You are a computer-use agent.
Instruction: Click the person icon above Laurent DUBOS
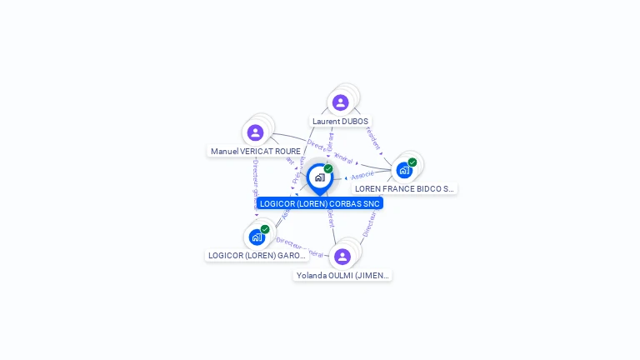pyautogui.click(x=340, y=102)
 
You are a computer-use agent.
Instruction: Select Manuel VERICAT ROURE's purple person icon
pyautogui.click(x=255, y=132)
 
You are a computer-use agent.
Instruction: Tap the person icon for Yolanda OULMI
pyautogui.click(x=342, y=256)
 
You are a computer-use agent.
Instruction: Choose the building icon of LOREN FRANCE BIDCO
pyautogui.click(x=403, y=170)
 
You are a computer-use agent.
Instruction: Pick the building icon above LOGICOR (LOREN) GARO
pyautogui.click(x=257, y=237)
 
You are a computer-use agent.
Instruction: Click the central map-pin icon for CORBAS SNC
pyautogui.click(x=319, y=177)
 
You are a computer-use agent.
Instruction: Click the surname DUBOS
pyautogui.click(x=354, y=122)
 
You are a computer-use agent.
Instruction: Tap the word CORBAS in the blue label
pyautogui.click(x=343, y=203)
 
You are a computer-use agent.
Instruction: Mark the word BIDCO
pyautogui.click(x=425, y=189)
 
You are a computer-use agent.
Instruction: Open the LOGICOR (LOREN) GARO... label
pyautogui.click(x=257, y=256)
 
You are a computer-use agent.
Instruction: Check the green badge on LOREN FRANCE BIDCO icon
pyautogui.click(x=412, y=162)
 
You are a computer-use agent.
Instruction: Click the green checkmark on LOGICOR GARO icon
pyautogui.click(x=265, y=229)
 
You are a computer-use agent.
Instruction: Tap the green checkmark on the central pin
pyautogui.click(x=328, y=169)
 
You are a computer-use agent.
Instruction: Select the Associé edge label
pyautogui.click(x=362, y=176)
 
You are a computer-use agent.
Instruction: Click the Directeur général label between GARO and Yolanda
pyautogui.click(x=300, y=247)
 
